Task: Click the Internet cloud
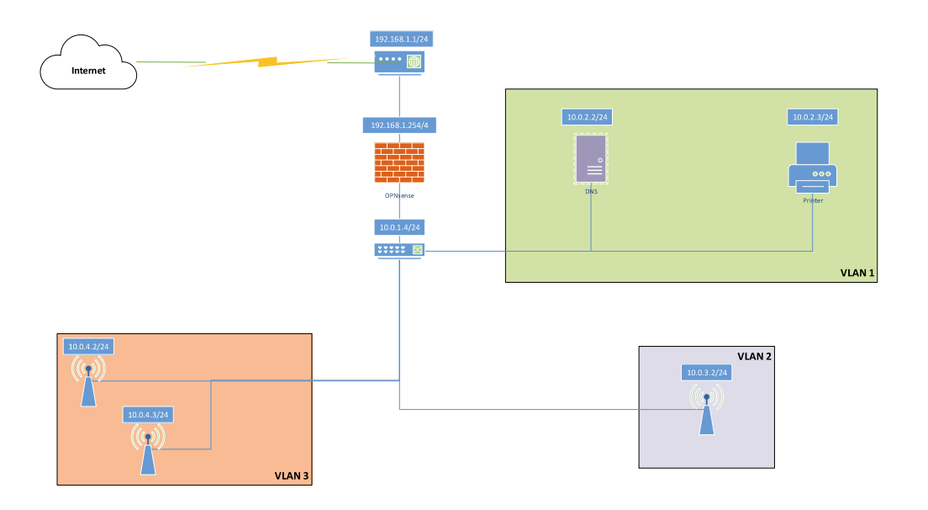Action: tap(88, 63)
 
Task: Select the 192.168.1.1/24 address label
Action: tap(401, 39)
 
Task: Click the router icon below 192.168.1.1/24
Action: tap(399, 61)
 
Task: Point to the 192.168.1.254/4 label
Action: tap(399, 125)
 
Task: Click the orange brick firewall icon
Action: tap(399, 162)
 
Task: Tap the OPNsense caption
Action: tap(399, 195)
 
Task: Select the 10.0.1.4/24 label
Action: tap(399, 227)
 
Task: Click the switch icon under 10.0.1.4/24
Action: tap(399, 251)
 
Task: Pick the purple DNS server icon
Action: tap(591, 159)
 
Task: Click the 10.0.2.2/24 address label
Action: tap(587, 117)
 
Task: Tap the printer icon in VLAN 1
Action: tap(813, 167)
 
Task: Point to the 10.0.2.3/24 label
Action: tap(813, 117)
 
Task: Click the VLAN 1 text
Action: tap(857, 273)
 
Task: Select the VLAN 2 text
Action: tap(754, 356)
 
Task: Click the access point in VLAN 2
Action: tap(707, 409)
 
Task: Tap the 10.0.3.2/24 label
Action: tap(707, 373)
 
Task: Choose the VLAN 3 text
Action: tap(291, 475)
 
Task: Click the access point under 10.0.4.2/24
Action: tap(89, 381)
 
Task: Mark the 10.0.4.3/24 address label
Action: tap(148, 415)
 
